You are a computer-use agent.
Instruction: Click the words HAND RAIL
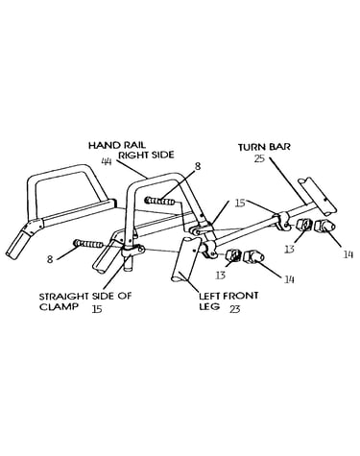pos(117,146)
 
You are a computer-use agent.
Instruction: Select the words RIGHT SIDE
pos(146,155)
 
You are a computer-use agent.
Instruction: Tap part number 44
pos(107,162)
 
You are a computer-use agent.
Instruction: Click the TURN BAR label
pos(264,147)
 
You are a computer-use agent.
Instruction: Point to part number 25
pos(259,158)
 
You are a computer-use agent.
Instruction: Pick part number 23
pos(234,309)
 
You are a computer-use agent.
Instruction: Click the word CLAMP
pos(59,306)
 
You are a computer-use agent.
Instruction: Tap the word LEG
pos(209,306)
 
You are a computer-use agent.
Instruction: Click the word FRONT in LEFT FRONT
pos(240,296)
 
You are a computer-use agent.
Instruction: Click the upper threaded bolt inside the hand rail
pos(160,202)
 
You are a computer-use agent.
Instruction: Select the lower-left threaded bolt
pos(88,244)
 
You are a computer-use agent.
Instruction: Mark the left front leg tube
pos(185,259)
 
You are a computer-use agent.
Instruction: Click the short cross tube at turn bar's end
pos(318,196)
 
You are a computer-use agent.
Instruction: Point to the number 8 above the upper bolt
pos(198,166)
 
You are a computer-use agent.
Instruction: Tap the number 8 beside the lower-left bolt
pos(50,259)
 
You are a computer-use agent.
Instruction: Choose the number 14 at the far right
pos(348,254)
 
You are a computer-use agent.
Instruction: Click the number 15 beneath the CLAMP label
pos(97,309)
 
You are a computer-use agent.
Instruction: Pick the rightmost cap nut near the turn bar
pos(324,226)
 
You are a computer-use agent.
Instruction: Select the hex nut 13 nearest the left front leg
pos(232,255)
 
